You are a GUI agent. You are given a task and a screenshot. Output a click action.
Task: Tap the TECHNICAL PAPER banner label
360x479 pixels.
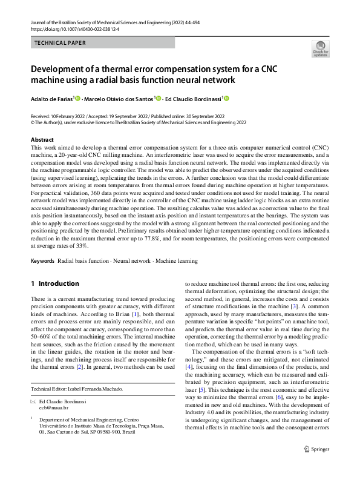pos(60,44)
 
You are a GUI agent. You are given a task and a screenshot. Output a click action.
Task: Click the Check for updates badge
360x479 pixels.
pos(319,49)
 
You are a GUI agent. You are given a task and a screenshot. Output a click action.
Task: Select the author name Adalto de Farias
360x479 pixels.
pos(51,98)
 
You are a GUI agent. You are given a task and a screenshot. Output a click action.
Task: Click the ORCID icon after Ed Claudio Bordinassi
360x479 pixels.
pos(228,98)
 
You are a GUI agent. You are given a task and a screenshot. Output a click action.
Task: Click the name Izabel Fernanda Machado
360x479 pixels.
pos(102,388)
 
